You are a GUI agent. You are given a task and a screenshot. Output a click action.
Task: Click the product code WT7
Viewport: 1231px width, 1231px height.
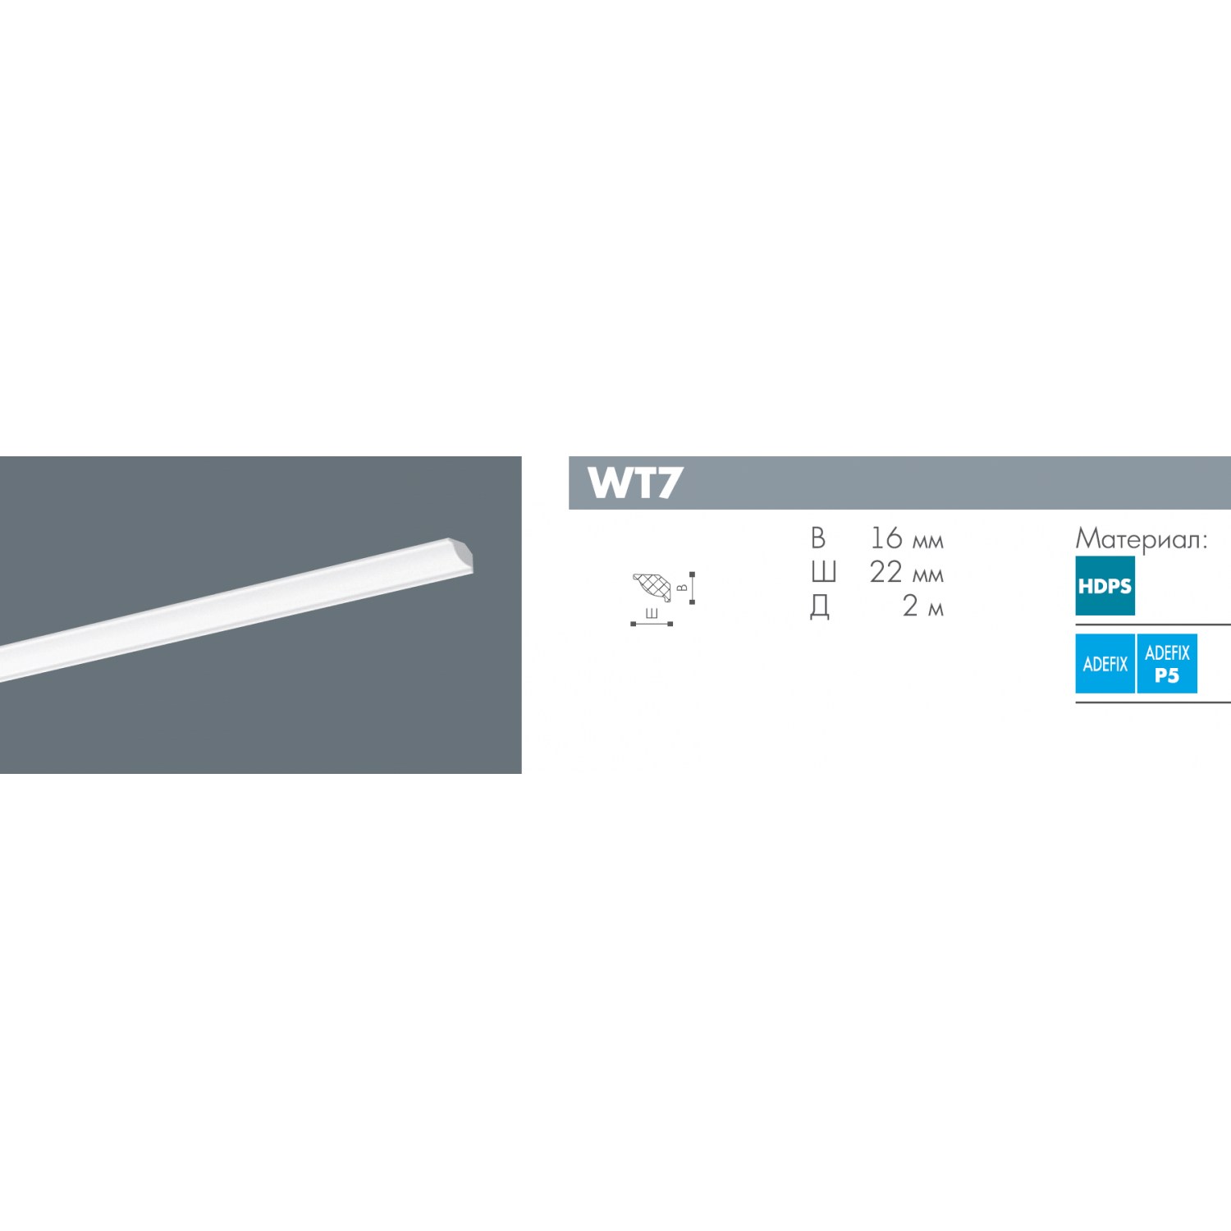(x=634, y=483)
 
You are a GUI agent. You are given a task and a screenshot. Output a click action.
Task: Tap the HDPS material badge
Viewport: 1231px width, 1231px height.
(x=1105, y=586)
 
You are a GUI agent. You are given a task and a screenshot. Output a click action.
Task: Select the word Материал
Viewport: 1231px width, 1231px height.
(x=1141, y=539)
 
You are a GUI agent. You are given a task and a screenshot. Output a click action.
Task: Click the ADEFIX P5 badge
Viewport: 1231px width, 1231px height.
(x=1166, y=664)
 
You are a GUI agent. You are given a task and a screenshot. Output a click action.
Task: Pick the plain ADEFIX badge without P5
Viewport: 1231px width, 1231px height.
(x=1105, y=664)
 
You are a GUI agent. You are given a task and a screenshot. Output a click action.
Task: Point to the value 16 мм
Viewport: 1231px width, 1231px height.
(x=906, y=538)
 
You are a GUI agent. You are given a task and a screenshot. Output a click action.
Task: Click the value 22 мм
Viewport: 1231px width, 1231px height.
(x=906, y=572)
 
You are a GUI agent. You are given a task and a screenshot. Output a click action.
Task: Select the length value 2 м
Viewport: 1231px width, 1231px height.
(x=922, y=606)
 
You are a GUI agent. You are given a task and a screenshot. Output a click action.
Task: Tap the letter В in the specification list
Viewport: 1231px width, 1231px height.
(x=817, y=538)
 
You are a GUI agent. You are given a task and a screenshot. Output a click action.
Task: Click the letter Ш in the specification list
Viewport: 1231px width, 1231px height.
(x=823, y=572)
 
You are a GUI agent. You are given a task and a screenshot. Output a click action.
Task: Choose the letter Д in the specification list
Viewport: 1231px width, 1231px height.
(x=820, y=607)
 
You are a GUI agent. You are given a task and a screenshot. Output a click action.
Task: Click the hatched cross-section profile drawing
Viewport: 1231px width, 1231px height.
(x=652, y=587)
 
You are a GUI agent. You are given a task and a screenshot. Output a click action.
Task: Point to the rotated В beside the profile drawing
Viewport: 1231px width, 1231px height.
(x=682, y=588)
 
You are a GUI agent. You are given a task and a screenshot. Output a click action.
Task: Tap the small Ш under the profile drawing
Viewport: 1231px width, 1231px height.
(x=652, y=614)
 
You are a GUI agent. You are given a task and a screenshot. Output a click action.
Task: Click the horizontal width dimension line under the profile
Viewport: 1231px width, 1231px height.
(x=652, y=624)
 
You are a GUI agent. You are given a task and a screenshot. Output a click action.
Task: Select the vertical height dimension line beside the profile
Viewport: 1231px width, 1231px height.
(x=693, y=588)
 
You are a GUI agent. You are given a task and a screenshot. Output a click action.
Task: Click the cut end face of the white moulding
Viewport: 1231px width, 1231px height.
(x=464, y=556)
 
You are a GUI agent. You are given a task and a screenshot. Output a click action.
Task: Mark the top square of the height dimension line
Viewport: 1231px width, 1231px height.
(x=693, y=574)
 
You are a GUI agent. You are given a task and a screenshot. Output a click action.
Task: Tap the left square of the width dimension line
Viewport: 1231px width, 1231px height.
(x=633, y=624)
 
